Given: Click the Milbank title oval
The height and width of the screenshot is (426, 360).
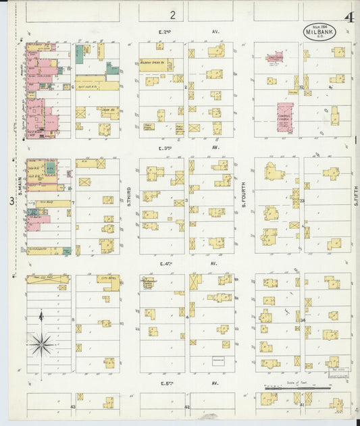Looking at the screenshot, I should pyautogui.click(x=313, y=33).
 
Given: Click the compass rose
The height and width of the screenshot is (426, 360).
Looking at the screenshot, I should pyautogui.click(x=41, y=344).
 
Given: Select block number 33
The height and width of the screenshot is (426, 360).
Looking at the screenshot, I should pyautogui.click(x=302, y=201).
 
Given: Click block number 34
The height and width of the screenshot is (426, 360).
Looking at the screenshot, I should pyautogui.click(x=303, y=321).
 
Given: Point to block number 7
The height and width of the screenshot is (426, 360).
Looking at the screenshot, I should pyautogui.click(x=72, y=202).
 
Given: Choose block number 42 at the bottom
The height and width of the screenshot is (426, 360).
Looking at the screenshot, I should pyautogui.click(x=187, y=407).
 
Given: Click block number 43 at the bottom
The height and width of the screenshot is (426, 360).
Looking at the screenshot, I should pyautogui.click(x=72, y=407).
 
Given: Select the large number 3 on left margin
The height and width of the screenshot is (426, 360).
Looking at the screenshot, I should pyautogui.click(x=11, y=201).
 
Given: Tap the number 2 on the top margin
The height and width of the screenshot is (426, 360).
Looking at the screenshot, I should pyautogui.click(x=173, y=14).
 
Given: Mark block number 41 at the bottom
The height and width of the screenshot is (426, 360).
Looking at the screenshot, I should pyautogui.click(x=302, y=404).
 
